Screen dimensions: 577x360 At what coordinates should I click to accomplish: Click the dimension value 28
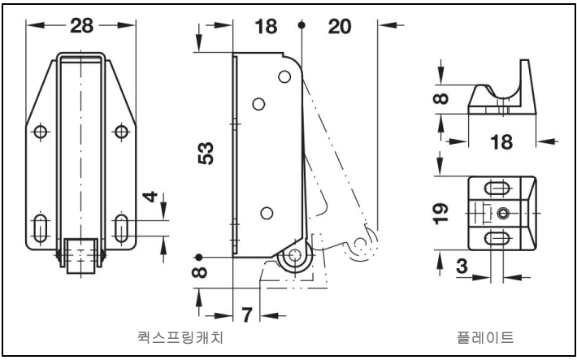click(x=82, y=26)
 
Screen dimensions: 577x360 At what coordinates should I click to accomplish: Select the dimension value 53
click(x=206, y=153)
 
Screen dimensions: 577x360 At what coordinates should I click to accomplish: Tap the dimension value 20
click(x=340, y=27)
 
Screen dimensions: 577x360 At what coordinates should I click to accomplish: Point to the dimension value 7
click(x=246, y=315)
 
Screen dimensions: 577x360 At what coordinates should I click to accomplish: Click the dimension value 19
click(x=440, y=214)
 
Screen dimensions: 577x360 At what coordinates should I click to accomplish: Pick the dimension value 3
click(x=462, y=267)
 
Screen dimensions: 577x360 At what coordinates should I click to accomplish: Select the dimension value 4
click(x=150, y=197)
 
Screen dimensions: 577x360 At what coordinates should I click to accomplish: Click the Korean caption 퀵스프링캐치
click(x=180, y=337)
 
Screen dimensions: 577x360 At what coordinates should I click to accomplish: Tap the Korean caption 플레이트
click(x=485, y=337)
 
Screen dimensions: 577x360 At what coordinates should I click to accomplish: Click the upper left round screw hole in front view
click(x=40, y=132)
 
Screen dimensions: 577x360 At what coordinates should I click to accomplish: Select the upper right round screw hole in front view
click(x=121, y=132)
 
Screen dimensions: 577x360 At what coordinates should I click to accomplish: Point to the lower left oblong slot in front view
click(x=40, y=228)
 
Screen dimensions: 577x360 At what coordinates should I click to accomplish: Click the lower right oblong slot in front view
click(x=121, y=228)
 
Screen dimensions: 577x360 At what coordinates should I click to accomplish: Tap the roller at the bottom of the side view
click(x=295, y=255)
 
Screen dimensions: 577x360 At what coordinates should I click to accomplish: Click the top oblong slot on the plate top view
click(x=497, y=189)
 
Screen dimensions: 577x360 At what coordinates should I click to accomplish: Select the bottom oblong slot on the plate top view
click(x=497, y=239)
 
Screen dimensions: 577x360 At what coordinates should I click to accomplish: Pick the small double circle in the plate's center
click(x=503, y=213)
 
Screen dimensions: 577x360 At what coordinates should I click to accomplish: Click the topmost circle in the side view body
click(x=284, y=76)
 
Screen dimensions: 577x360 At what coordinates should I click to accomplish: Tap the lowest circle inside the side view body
click(x=267, y=213)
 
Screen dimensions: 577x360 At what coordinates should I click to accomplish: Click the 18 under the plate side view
click(x=501, y=141)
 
